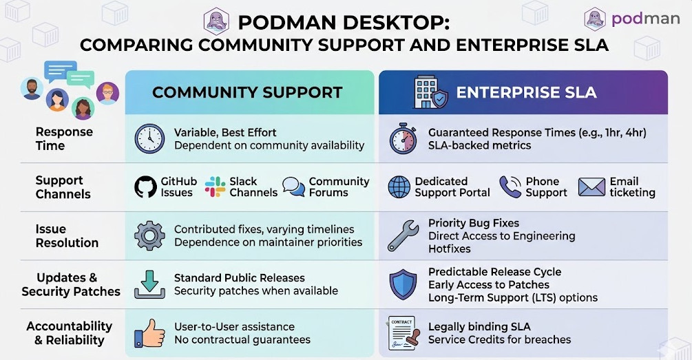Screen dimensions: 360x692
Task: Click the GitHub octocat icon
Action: click(145, 187)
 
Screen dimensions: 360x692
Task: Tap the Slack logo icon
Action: click(215, 187)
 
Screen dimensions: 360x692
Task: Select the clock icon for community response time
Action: click(149, 138)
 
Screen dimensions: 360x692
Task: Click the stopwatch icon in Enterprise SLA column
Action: click(403, 138)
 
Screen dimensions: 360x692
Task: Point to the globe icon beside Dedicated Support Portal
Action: click(399, 187)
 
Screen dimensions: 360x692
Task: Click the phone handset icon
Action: click(510, 187)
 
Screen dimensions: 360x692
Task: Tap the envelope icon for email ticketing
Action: click(591, 187)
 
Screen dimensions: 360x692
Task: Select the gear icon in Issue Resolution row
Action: click(149, 235)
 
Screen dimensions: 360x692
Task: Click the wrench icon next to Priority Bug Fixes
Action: click(402, 235)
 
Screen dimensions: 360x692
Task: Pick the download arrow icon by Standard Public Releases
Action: click(149, 284)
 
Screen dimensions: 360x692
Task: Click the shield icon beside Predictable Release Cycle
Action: click(402, 284)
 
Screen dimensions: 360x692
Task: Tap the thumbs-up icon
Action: click(149, 332)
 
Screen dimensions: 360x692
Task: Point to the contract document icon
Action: click(402, 332)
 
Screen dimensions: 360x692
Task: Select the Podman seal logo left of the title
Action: click(216, 21)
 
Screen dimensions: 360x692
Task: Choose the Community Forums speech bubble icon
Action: click(294, 187)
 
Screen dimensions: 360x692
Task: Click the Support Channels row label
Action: click(63, 187)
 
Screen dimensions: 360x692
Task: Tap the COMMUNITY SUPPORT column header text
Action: click(247, 92)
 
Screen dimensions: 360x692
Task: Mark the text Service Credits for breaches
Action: click(499, 339)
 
